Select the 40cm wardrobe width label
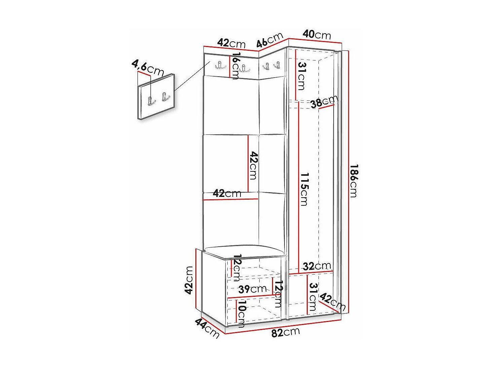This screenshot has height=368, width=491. point(316,34)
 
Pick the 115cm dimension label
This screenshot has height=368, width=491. point(304,189)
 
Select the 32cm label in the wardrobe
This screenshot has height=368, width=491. point(317,266)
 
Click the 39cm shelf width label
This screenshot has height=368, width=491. point(252,289)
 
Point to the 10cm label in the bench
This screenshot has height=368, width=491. point(241,314)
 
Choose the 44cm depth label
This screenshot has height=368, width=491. point(207,328)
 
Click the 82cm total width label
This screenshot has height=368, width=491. point(285,332)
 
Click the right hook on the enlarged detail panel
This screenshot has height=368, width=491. point(165,97)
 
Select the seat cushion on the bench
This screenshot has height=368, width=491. point(243,251)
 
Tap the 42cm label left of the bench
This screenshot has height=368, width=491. point(189,280)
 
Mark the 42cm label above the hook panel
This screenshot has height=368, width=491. point(231,43)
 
